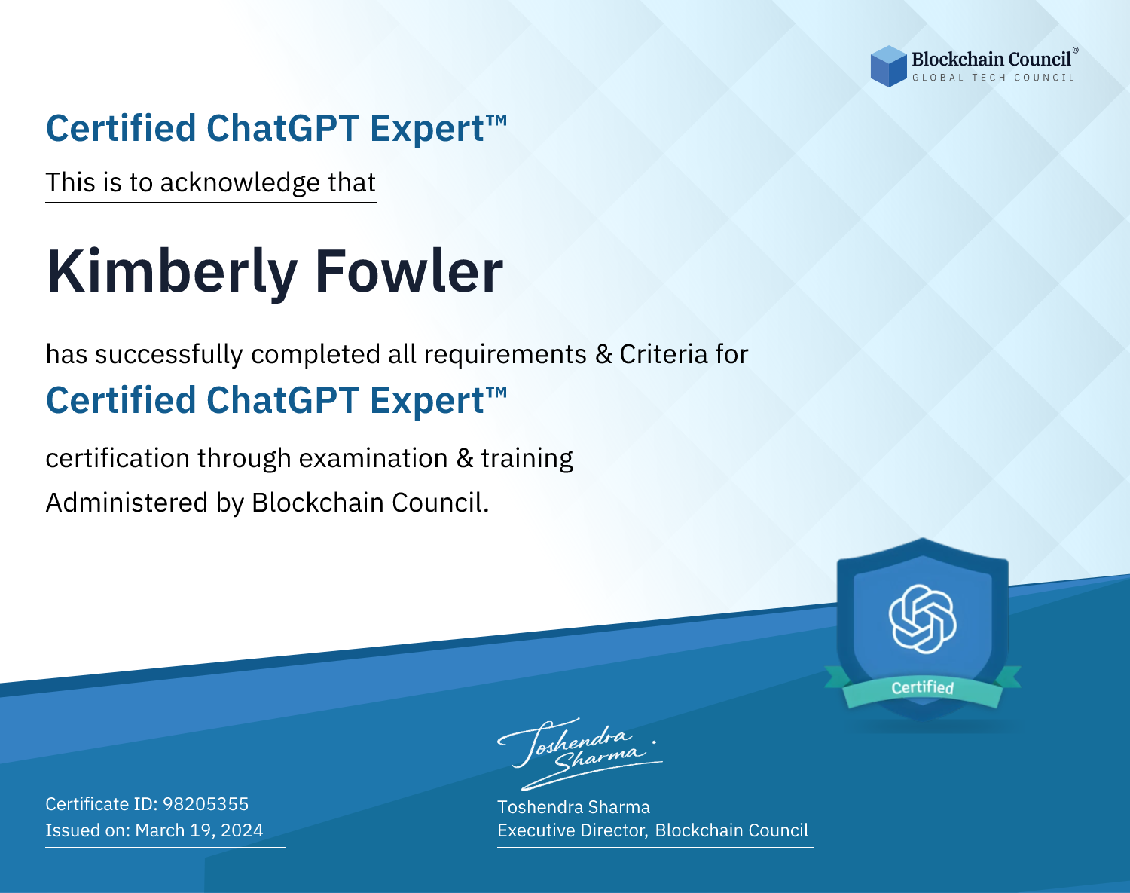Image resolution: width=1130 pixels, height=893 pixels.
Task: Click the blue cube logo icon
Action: tap(888, 66)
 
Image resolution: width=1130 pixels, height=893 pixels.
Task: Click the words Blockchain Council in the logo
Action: tap(991, 59)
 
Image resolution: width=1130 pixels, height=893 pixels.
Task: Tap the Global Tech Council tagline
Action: tap(993, 78)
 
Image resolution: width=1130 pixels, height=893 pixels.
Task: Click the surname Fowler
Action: tap(409, 271)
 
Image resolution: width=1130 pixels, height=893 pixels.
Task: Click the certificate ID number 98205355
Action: tap(206, 803)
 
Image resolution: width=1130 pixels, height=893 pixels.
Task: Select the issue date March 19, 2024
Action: tap(199, 830)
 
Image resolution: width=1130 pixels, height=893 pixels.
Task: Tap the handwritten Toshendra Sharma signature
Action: tap(580, 754)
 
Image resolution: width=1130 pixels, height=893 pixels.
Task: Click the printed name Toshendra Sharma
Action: tap(573, 807)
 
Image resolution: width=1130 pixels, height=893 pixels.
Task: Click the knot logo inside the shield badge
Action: tap(922, 619)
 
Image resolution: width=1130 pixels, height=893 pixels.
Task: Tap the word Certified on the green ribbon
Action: tap(922, 687)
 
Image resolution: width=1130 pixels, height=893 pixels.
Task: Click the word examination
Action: tap(374, 458)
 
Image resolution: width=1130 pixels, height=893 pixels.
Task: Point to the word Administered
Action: tap(127, 503)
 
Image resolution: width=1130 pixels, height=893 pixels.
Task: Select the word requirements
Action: tap(505, 355)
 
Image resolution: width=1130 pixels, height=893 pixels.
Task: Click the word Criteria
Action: tap(663, 354)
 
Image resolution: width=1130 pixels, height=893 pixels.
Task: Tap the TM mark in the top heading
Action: tap(496, 121)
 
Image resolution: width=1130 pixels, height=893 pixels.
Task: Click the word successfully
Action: tap(169, 355)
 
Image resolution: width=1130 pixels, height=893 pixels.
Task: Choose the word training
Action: tap(527, 459)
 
